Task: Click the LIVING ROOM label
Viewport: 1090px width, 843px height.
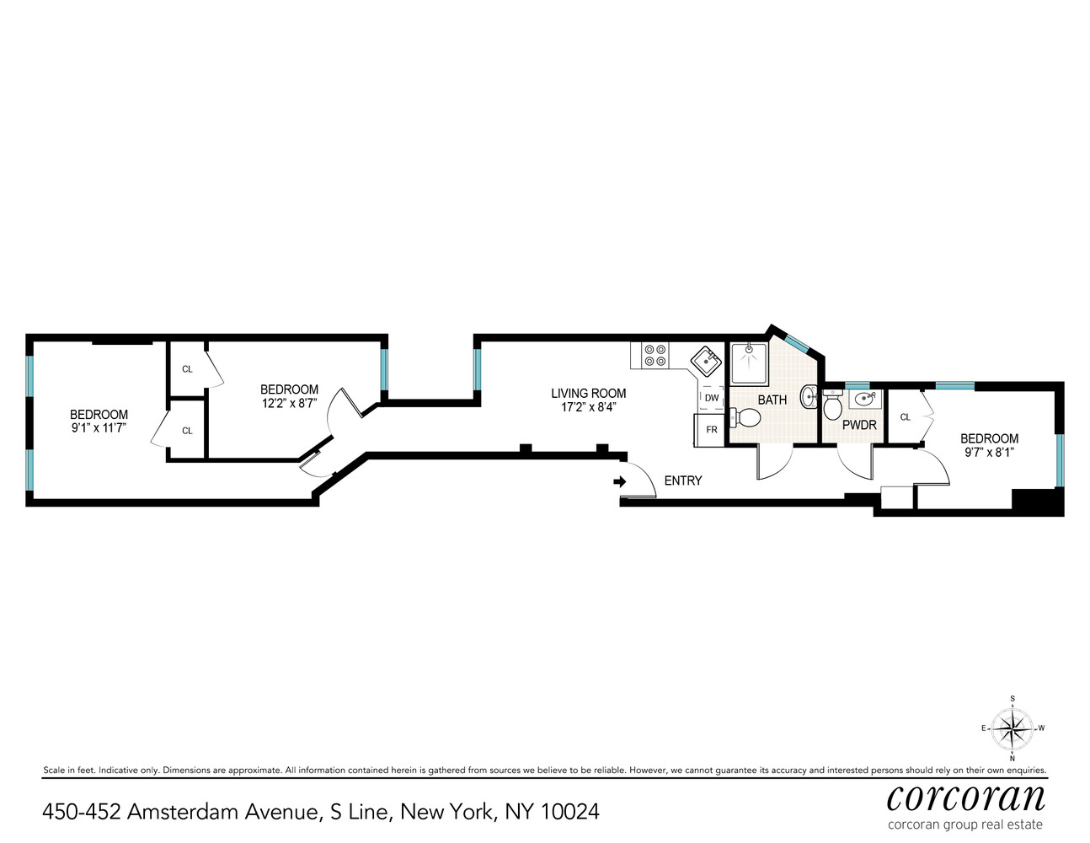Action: tap(588, 393)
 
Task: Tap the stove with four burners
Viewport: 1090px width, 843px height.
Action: tap(655, 355)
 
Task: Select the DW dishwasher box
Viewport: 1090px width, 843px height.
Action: tap(712, 398)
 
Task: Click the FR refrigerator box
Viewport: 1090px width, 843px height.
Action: tap(711, 429)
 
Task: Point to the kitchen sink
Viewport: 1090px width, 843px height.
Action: tap(707, 361)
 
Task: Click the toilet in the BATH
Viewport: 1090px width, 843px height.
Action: tap(747, 415)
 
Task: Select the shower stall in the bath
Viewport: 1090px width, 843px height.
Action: tap(749, 363)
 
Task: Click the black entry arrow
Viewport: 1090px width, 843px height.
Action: tap(620, 481)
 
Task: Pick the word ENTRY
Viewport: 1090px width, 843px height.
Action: tap(682, 481)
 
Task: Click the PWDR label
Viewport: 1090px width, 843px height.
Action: tap(859, 425)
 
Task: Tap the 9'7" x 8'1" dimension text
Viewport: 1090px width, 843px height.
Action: tap(989, 452)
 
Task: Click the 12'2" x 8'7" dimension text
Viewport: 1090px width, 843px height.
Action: tap(289, 403)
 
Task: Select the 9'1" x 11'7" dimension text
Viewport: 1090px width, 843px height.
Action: tap(99, 428)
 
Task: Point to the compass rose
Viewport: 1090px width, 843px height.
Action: tap(1012, 728)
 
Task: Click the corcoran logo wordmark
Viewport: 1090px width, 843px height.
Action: tap(965, 797)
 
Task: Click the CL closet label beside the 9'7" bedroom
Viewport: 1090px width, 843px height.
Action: tap(906, 416)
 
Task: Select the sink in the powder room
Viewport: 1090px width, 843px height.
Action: tap(863, 399)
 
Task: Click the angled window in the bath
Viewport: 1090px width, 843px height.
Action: tap(796, 341)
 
